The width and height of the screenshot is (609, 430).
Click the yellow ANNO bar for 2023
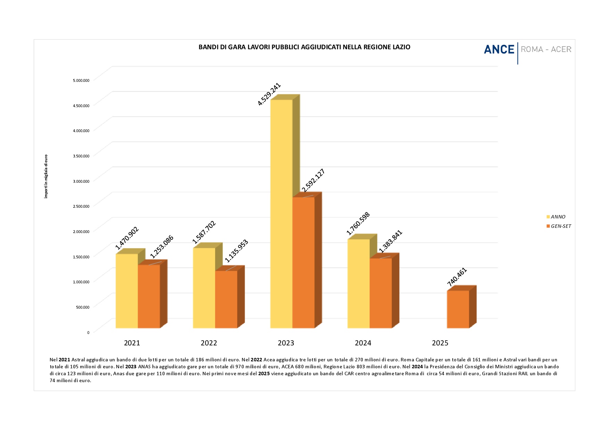[x=281, y=213]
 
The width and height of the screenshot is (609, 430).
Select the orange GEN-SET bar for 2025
[x=458, y=309]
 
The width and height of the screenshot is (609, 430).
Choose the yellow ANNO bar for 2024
[x=358, y=283]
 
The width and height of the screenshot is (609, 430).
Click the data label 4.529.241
[x=269, y=94]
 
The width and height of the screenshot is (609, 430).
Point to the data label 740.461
[x=457, y=277]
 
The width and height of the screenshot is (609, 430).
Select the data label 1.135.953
[x=236, y=251]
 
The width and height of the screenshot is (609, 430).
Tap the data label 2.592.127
[x=313, y=180]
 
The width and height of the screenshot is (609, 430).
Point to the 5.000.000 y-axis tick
[x=81, y=80]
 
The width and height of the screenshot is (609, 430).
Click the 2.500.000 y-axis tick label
[x=81, y=206]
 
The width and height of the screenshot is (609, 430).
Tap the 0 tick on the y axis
[x=88, y=332]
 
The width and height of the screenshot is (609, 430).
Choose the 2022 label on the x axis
[x=209, y=343]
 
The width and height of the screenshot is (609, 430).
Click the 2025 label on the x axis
[x=440, y=343]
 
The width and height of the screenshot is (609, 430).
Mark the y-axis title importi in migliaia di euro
[x=46, y=177]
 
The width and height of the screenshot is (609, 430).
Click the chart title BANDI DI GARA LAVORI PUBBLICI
[x=304, y=47]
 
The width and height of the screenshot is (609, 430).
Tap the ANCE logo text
[x=499, y=50]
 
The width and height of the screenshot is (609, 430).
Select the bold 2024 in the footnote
[x=417, y=367]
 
